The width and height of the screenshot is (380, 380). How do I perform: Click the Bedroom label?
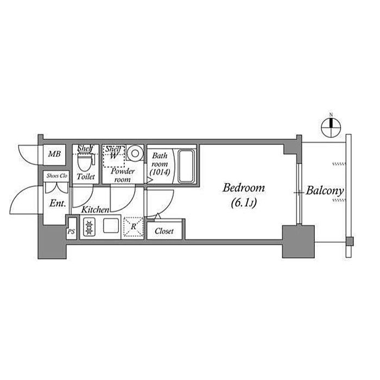(x=244, y=188)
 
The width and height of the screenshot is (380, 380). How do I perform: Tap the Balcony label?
(x=325, y=191)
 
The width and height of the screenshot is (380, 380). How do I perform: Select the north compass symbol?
(x=331, y=126)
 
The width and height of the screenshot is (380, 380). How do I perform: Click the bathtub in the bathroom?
(x=186, y=166)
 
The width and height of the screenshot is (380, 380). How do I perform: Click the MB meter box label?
(x=54, y=154)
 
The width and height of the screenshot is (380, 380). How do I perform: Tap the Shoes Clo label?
(x=56, y=176)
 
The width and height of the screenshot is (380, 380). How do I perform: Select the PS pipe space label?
(x=71, y=232)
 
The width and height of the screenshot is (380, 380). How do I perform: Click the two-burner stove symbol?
(x=89, y=227)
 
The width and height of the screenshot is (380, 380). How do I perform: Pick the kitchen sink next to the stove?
(x=111, y=226)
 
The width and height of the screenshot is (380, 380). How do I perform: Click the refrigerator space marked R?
(x=133, y=227)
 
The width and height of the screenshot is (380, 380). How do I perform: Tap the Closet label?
(x=164, y=231)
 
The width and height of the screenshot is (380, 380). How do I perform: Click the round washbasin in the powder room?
(x=135, y=153)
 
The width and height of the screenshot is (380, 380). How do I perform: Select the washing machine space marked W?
(x=113, y=156)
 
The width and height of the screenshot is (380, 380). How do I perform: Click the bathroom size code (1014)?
(x=160, y=172)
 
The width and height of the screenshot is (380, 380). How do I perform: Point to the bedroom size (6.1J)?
(x=244, y=202)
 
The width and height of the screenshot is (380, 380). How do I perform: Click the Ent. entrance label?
(x=58, y=204)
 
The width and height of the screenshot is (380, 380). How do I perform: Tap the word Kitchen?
(x=95, y=210)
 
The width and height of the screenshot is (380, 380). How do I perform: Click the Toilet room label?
(x=86, y=176)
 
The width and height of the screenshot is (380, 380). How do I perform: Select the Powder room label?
(x=123, y=175)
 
